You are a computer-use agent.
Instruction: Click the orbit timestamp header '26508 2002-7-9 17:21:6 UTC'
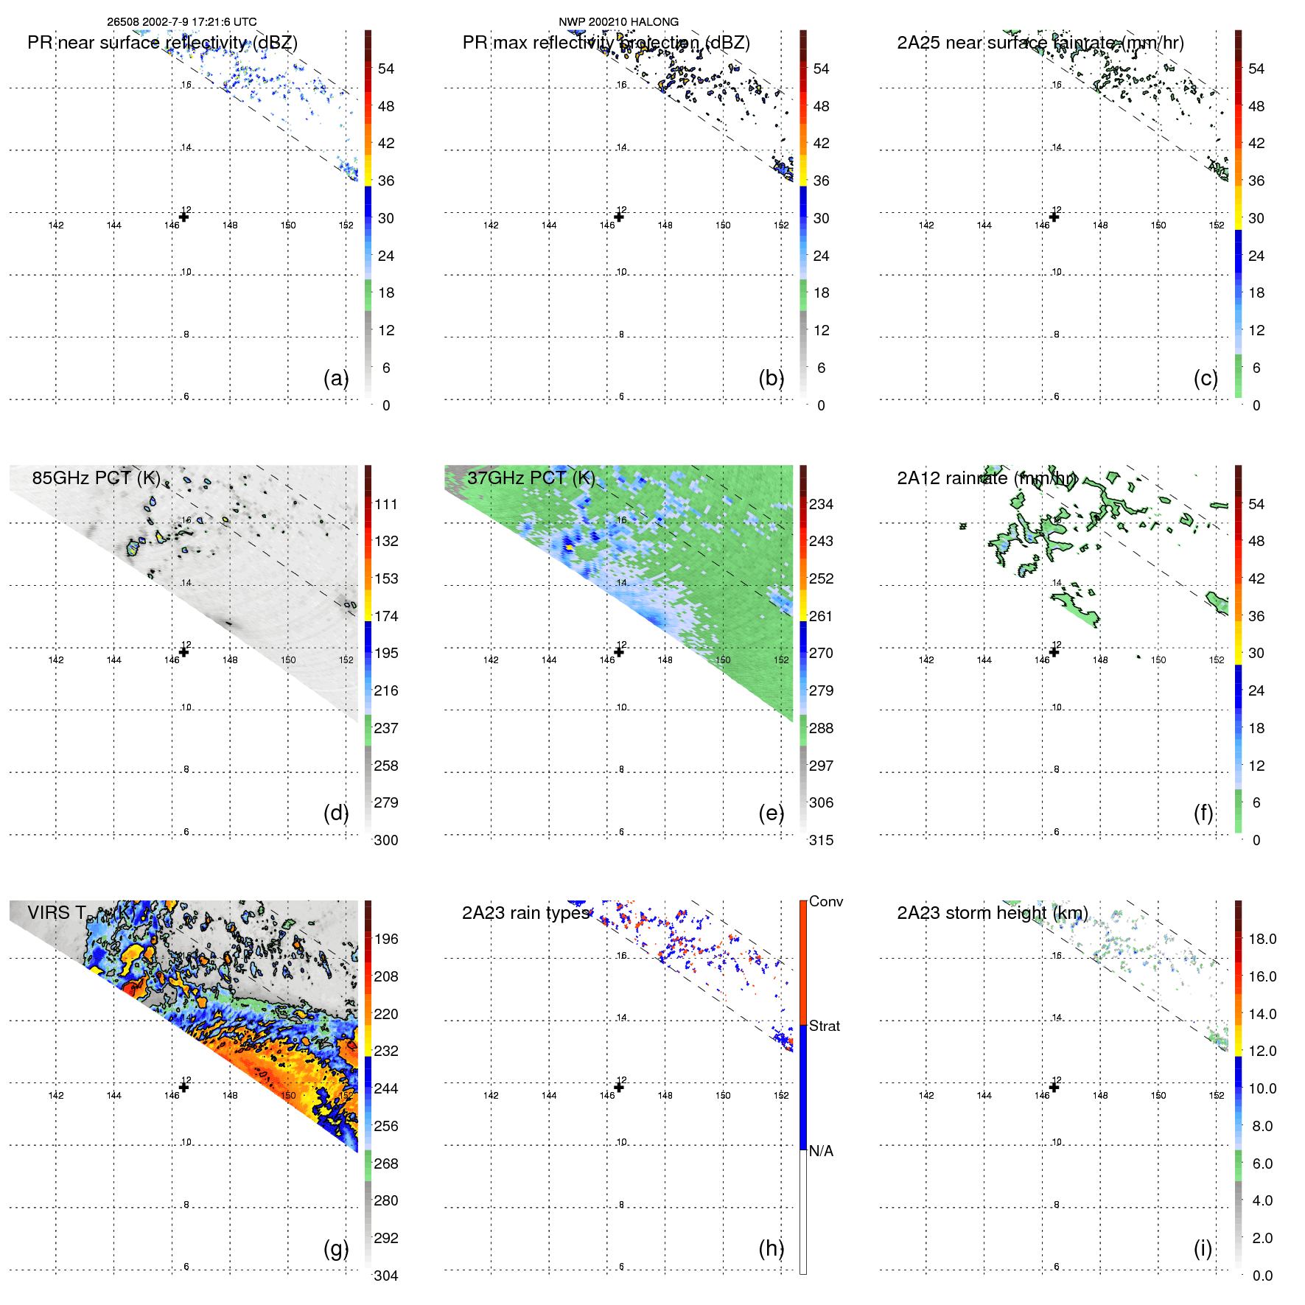tap(181, 22)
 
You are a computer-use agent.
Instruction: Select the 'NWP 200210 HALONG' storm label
tap(618, 22)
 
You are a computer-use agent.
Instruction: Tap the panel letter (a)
tap(336, 378)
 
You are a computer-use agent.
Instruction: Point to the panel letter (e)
tap(772, 813)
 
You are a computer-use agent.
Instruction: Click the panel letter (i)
tap(1203, 1248)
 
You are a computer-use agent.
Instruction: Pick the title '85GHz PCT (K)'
tap(96, 477)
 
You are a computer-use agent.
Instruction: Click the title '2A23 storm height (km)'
tap(993, 913)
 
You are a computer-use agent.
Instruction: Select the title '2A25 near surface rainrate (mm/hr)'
tap(1040, 43)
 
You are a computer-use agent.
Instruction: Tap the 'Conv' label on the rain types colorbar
tap(825, 901)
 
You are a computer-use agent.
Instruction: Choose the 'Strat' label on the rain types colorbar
tap(824, 1026)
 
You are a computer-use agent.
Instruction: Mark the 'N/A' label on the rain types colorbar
tap(821, 1151)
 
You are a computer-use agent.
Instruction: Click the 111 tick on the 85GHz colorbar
tap(386, 504)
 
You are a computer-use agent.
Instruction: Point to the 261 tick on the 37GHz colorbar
tap(821, 616)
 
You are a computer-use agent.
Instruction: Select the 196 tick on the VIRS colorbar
tap(386, 939)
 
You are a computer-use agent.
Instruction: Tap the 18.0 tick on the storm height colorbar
tap(1262, 939)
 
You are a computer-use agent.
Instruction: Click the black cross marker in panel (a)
tap(183, 217)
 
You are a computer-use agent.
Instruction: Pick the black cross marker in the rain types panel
tap(619, 1087)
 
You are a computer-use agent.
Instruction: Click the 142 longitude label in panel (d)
tap(56, 660)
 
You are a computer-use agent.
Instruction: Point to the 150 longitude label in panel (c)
tap(1158, 225)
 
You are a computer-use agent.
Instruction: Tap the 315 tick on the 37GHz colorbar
tap(821, 840)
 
